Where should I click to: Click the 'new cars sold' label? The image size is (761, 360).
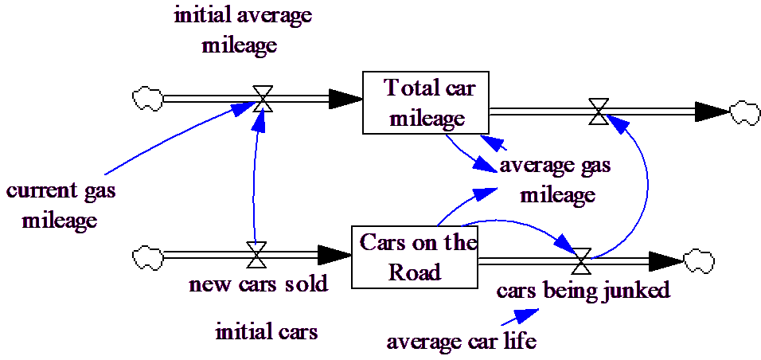tap(259, 285)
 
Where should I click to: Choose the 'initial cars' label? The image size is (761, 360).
tap(267, 331)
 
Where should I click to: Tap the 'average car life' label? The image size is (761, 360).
tap(462, 343)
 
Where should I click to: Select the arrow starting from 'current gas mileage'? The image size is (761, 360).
tap(175, 135)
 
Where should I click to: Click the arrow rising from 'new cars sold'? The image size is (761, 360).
tap(255, 183)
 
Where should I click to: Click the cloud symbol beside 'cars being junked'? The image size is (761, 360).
tap(698, 260)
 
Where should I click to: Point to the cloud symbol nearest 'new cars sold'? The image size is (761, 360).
tap(147, 257)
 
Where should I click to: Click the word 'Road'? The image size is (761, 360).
tap(414, 272)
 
